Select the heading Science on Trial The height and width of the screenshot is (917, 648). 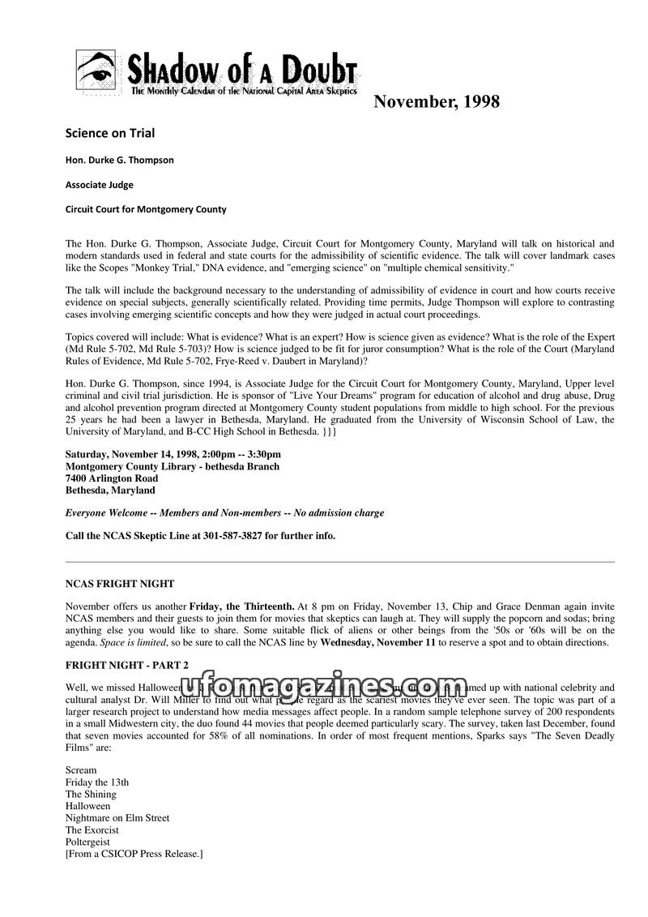pos(109,132)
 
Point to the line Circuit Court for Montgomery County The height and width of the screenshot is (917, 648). pos(146,209)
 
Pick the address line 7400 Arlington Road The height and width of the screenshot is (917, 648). pos(112,478)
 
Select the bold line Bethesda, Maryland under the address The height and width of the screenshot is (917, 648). pos(110,491)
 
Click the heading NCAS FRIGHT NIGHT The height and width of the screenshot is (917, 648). pos(119,584)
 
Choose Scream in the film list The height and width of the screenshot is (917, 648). pos(81,769)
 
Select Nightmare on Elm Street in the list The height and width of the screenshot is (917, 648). pos(117,818)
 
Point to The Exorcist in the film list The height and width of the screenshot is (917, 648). pos(92,830)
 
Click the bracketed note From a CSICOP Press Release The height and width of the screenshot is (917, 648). pos(134,855)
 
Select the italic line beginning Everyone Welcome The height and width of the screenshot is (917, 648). pos(224,513)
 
